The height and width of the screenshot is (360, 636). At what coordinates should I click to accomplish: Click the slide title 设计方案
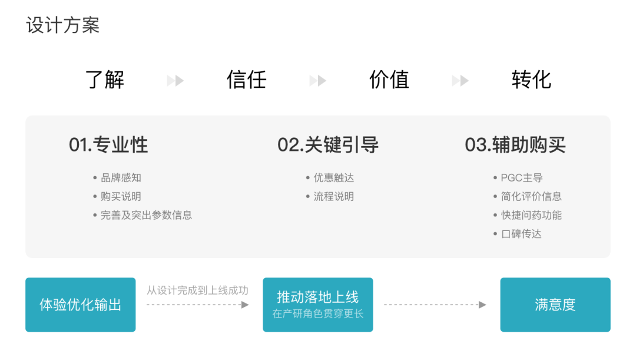pyautogui.click(x=63, y=25)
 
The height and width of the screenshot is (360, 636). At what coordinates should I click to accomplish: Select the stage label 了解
pyautogui.click(x=105, y=80)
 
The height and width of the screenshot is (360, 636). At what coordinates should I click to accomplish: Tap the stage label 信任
pyautogui.click(x=247, y=80)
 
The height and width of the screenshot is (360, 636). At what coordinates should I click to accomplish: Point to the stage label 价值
pyautogui.click(x=389, y=80)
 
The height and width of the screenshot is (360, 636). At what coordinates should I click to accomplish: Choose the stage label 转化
pyautogui.click(x=531, y=80)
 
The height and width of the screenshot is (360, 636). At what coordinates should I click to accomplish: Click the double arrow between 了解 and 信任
pyautogui.click(x=175, y=80)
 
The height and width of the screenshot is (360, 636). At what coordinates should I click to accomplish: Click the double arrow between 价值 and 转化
pyautogui.click(x=460, y=80)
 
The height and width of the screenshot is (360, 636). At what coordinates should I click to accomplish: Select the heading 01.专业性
pyautogui.click(x=108, y=145)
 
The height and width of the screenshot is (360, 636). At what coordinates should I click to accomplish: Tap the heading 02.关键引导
pyautogui.click(x=328, y=145)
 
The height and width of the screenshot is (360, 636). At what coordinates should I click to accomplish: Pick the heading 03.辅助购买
pyautogui.click(x=515, y=145)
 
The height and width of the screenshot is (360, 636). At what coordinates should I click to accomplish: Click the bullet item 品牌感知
pyautogui.click(x=121, y=178)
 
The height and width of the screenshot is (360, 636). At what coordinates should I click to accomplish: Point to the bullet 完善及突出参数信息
pyautogui.click(x=146, y=216)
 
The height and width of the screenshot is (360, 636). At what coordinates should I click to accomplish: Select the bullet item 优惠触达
pyautogui.click(x=334, y=178)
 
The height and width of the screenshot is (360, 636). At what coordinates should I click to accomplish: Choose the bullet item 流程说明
pyautogui.click(x=334, y=197)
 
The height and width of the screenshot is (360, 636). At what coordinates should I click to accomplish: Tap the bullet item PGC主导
pyautogui.click(x=522, y=178)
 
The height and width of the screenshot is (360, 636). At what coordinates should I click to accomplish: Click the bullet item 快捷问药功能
pyautogui.click(x=531, y=216)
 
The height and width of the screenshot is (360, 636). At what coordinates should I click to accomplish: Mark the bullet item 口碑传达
pyautogui.click(x=521, y=234)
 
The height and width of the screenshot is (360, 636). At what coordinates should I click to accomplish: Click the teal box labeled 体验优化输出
pyautogui.click(x=81, y=305)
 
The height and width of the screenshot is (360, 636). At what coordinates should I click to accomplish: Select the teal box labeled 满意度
pyautogui.click(x=555, y=305)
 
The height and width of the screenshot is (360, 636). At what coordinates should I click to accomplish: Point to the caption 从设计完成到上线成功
pyautogui.click(x=197, y=290)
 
